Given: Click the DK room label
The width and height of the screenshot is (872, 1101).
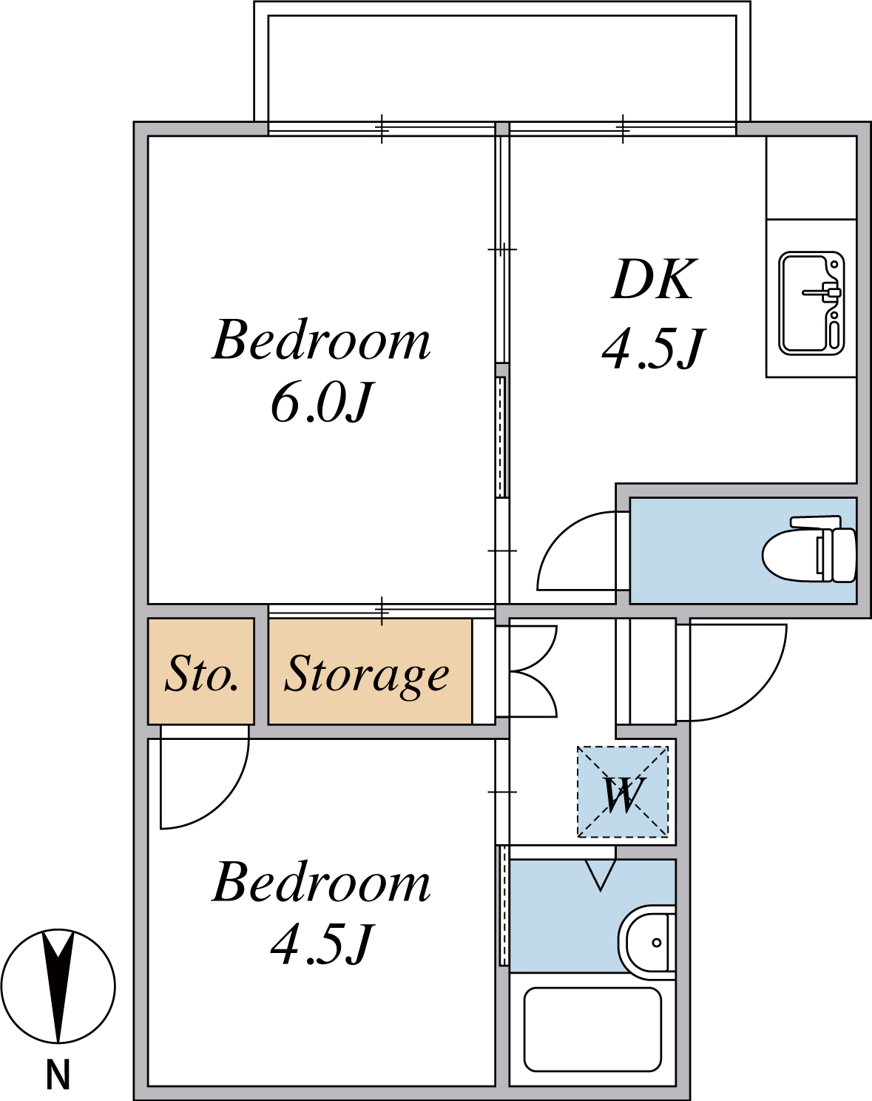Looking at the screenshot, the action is coord(654,280).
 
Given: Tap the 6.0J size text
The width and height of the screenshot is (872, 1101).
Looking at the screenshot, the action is coord(321,403).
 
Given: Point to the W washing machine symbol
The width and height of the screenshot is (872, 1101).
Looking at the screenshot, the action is coord(623,792).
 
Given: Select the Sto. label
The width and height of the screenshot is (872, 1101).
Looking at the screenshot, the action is coord(201,673).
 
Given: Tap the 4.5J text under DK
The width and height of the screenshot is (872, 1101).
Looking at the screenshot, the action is coord(654,348).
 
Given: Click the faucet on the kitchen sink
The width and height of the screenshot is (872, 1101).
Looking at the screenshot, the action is coord(822,293).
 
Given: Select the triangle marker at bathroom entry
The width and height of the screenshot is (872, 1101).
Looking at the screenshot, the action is coord(600,876).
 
